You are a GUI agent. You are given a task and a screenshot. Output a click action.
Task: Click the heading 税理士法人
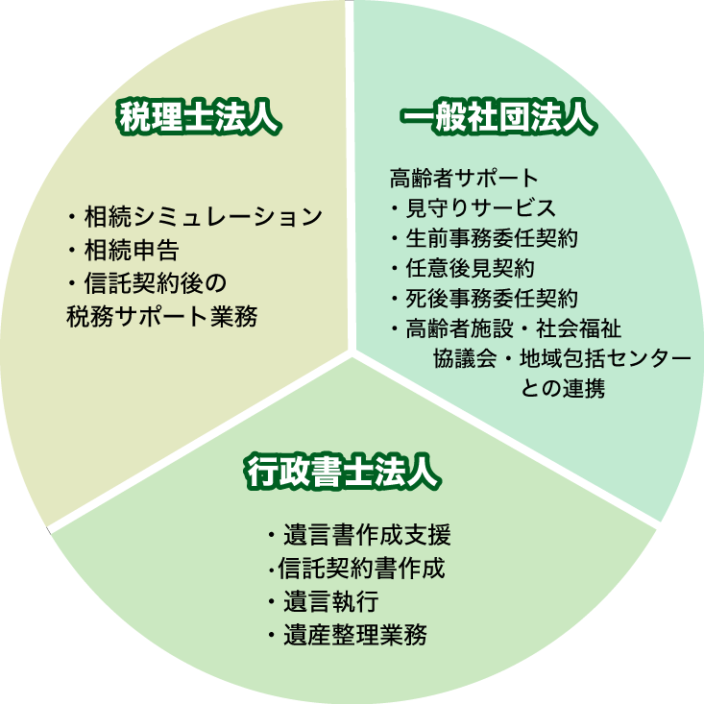click(x=199, y=117)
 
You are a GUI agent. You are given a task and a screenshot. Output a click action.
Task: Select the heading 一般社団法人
click(x=498, y=117)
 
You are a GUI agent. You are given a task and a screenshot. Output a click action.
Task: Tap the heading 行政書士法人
click(x=343, y=472)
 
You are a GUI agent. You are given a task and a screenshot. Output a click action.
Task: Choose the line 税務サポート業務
click(x=162, y=316)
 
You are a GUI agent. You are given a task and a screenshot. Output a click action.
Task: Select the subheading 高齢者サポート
click(x=464, y=178)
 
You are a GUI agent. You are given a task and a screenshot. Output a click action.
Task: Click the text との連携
click(x=563, y=388)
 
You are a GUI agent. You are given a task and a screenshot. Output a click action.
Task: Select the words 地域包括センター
click(x=605, y=358)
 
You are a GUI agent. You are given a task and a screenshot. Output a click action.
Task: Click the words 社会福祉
click(x=579, y=328)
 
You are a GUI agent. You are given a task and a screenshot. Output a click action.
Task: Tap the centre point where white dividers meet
click(x=352, y=352)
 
